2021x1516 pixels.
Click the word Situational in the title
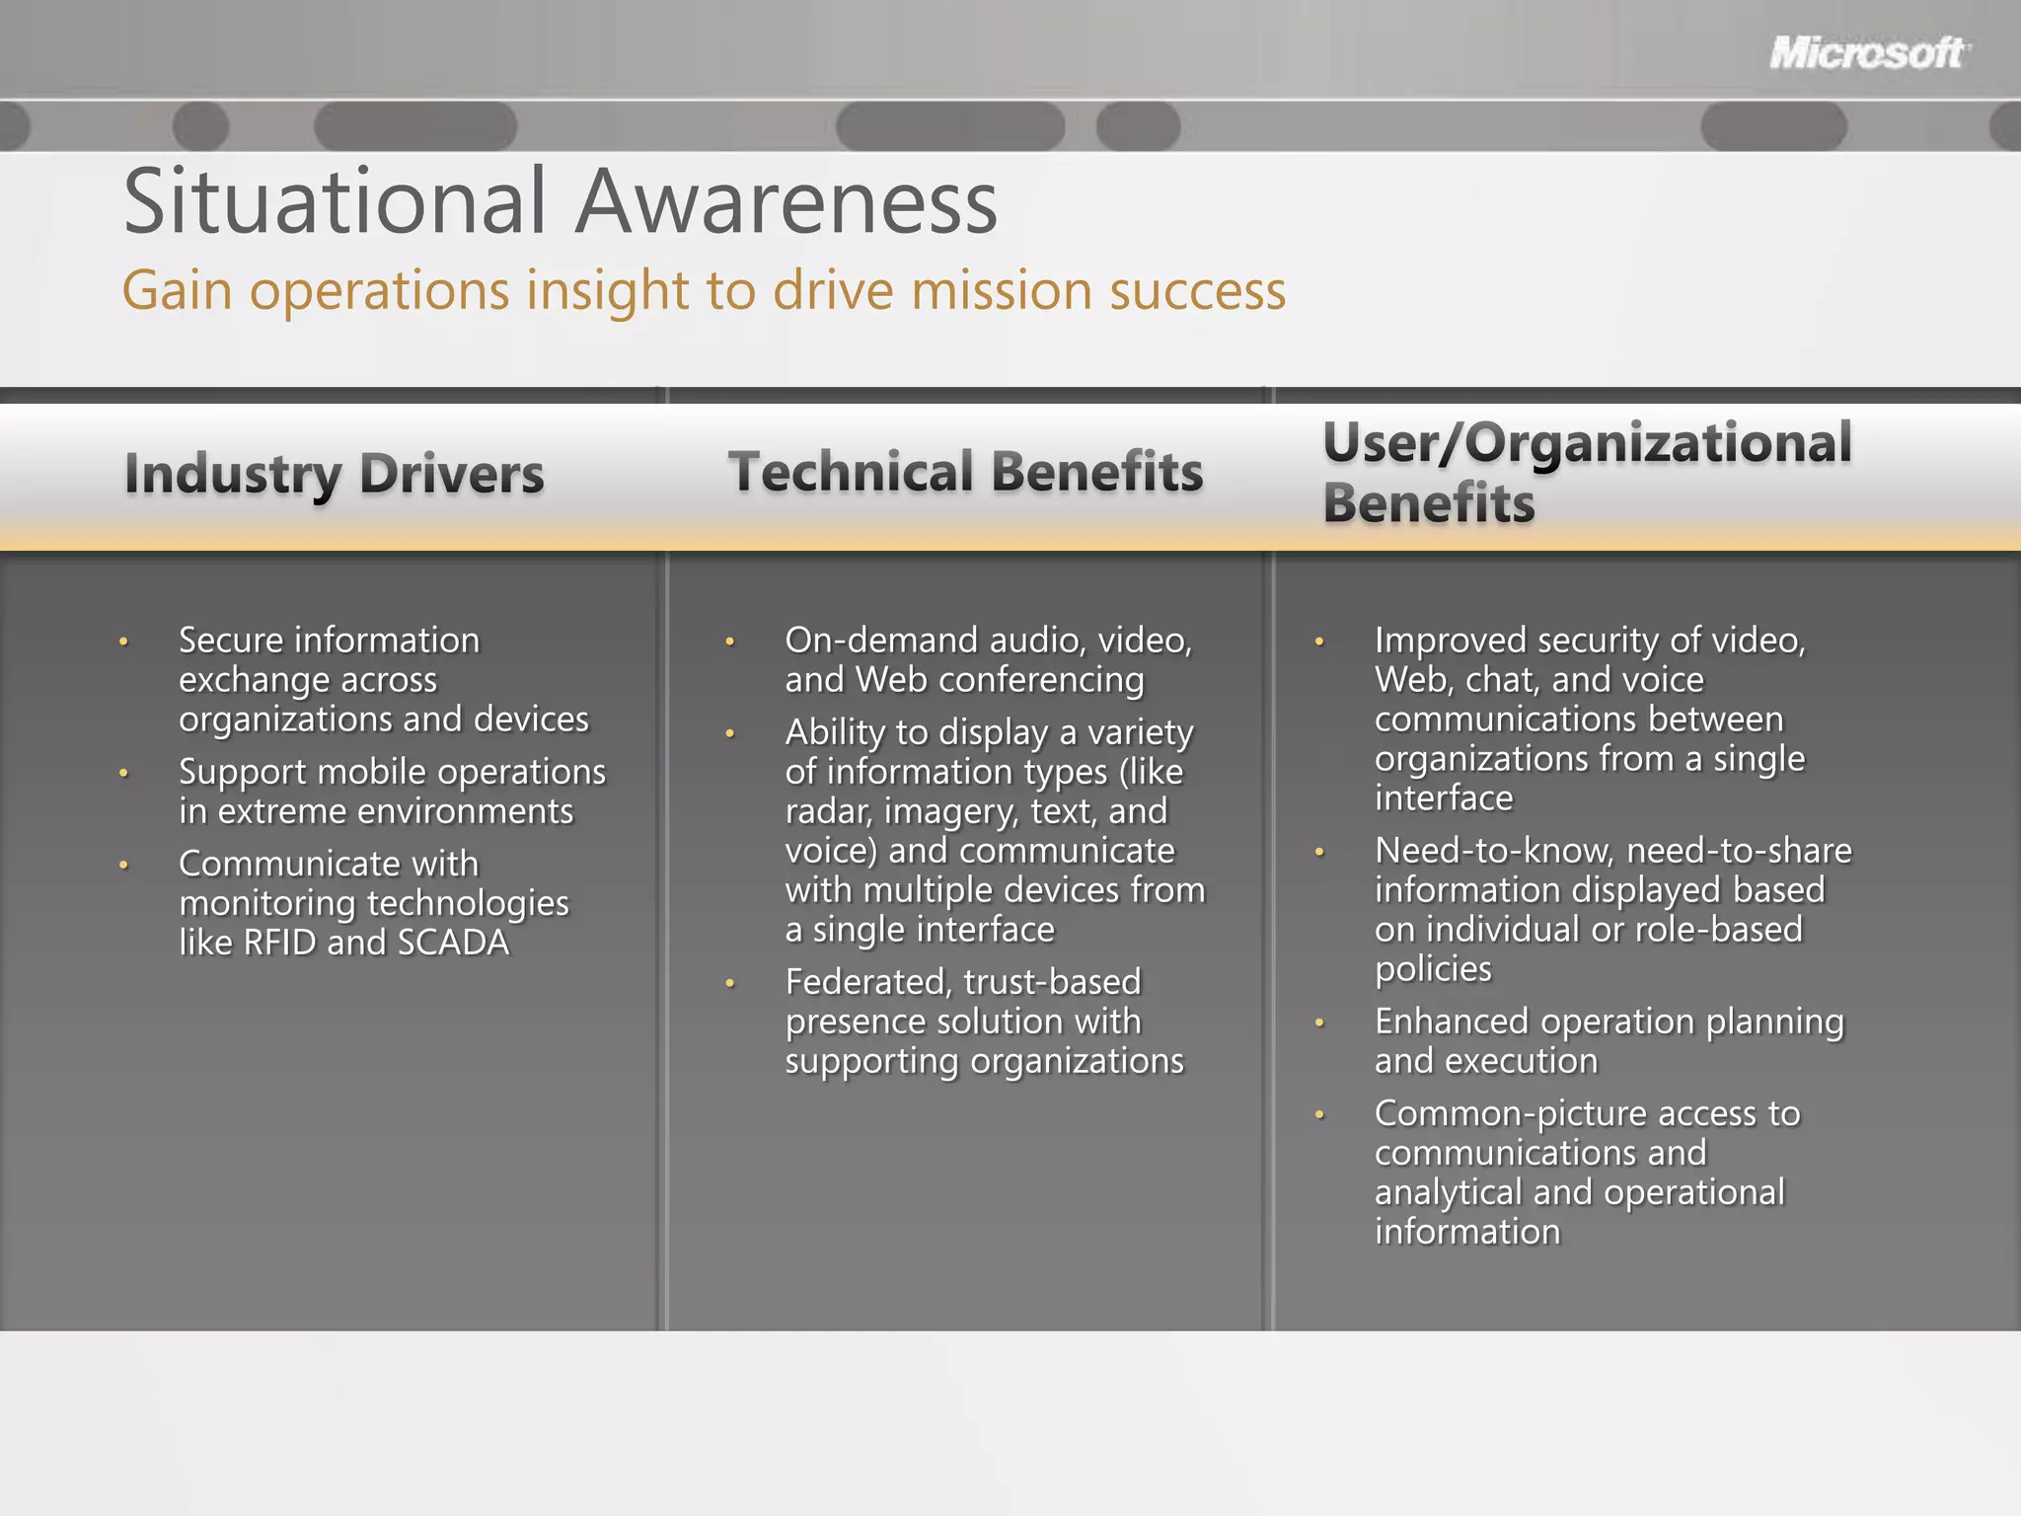coord(335,202)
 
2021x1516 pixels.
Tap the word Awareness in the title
coord(786,202)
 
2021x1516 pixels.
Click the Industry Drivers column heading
coord(334,474)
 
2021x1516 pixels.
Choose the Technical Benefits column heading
coord(965,472)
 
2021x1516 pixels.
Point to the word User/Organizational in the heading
coord(1587,442)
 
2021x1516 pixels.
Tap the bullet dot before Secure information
coord(124,642)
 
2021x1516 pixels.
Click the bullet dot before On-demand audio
coord(730,642)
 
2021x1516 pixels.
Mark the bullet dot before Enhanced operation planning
coord(1319,1023)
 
